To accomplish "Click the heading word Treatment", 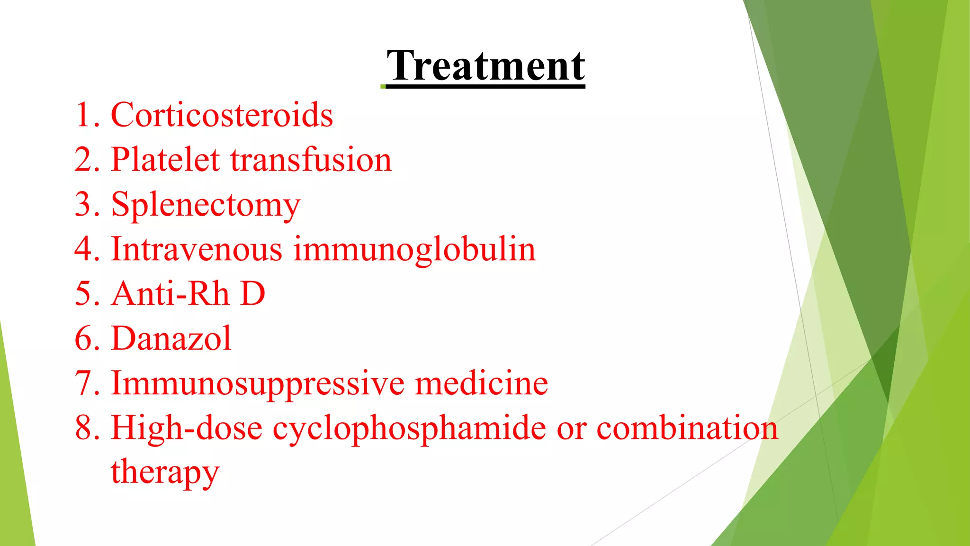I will pos(485,66).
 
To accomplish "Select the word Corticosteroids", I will pos(222,115).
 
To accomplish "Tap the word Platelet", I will pos(165,160).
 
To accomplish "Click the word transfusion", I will pos(311,160).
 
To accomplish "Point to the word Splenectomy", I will pos(206,205).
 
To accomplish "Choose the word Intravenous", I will pos(197,249).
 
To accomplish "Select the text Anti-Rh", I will pos(171,294).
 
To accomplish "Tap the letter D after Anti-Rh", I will pos(253,294).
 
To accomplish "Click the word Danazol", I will pos(171,338).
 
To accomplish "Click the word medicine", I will pos(481,383).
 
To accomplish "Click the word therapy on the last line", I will pos(165,472).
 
